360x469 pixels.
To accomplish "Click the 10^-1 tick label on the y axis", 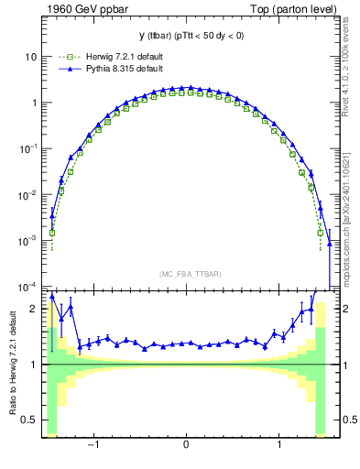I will pyautogui.click(x=27, y=148).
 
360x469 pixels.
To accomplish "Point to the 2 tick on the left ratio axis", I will pyautogui.click(x=33, y=309).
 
